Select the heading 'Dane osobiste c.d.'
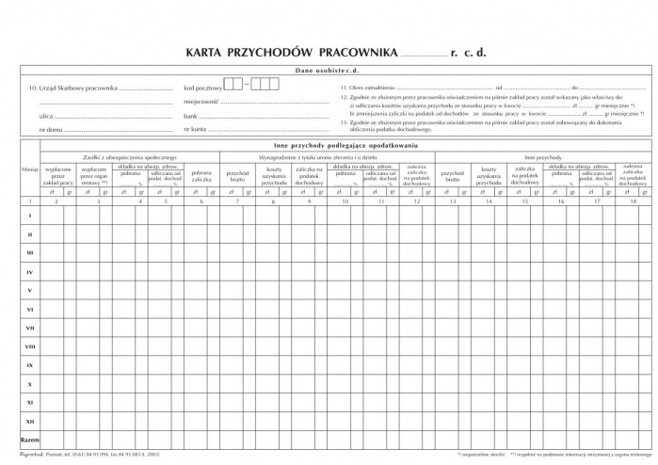(x=329, y=71)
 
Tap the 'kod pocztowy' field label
(x=202, y=87)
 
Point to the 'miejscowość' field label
(x=201, y=101)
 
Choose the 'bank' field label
(x=191, y=114)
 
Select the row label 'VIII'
(x=30, y=346)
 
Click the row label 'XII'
(x=30, y=421)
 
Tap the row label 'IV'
(x=30, y=272)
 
